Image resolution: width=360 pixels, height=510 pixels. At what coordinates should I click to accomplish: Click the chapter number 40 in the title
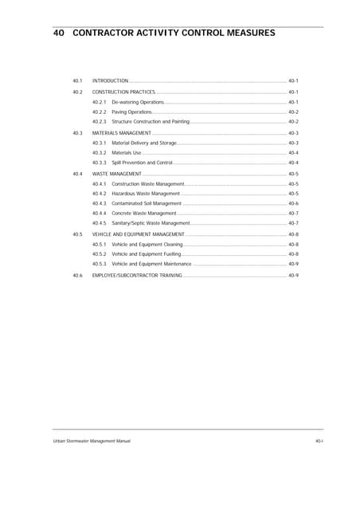click(58, 33)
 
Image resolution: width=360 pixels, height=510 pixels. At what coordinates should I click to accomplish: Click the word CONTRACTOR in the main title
click(106, 33)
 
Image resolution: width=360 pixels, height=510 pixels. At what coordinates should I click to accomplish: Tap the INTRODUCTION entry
click(110, 81)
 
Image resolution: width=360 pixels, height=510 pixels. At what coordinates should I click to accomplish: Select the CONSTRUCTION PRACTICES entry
click(123, 92)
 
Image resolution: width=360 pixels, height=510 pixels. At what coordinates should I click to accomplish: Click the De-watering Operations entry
click(138, 102)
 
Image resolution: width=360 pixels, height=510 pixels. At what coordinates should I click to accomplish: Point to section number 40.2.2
click(99, 112)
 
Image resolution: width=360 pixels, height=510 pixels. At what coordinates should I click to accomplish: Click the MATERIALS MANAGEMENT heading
click(122, 133)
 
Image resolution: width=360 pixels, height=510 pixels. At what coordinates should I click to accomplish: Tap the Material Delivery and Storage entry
click(144, 143)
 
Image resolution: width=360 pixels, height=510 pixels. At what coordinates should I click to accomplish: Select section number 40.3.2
click(99, 152)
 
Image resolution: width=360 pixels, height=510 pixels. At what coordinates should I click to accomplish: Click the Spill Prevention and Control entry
click(142, 163)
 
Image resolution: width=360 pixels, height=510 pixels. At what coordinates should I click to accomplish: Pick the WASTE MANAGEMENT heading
click(117, 174)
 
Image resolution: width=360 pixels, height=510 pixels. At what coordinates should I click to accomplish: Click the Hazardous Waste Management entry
click(146, 194)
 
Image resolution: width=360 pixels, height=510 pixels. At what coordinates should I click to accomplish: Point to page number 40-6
click(293, 203)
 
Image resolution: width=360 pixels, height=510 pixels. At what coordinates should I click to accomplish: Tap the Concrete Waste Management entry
click(143, 214)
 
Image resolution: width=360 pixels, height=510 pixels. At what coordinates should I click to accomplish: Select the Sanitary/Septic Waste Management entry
click(151, 223)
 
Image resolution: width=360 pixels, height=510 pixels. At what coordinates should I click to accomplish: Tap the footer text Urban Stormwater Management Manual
click(87, 441)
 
